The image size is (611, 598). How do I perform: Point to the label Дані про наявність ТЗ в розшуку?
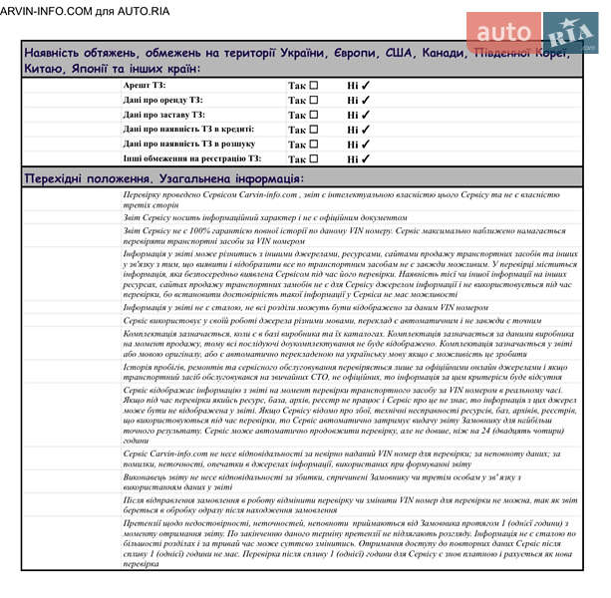(x=189, y=144)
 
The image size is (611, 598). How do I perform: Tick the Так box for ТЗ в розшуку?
(x=314, y=144)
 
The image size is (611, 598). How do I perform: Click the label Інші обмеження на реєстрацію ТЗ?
(x=192, y=158)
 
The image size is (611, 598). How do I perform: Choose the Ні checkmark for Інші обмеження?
(x=365, y=158)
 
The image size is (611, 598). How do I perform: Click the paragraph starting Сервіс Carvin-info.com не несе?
(x=339, y=458)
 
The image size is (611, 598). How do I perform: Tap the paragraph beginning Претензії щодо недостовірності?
(x=339, y=542)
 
